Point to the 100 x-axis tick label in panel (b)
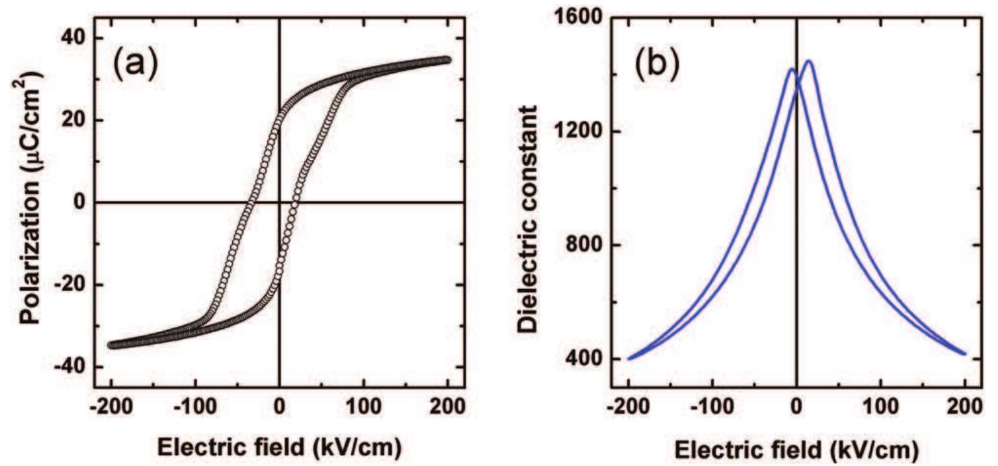881,411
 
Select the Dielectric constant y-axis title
529,218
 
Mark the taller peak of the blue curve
809,62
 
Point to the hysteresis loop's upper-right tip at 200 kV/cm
447,60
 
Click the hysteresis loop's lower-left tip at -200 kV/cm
112,345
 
